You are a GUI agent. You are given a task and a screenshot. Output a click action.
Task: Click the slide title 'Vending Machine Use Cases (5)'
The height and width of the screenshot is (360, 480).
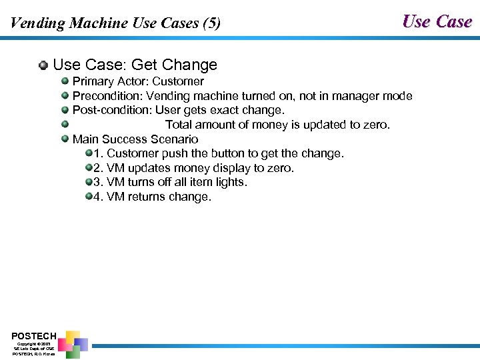(115, 23)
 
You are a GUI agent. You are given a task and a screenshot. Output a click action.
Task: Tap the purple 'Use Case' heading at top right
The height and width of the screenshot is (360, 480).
(437, 21)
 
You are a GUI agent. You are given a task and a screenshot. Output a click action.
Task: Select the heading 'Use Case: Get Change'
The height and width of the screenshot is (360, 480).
(135, 65)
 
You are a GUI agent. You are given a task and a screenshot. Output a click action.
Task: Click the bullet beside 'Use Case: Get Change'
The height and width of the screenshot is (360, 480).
(43, 65)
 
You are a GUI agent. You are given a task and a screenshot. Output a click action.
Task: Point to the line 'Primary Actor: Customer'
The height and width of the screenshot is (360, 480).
(138, 81)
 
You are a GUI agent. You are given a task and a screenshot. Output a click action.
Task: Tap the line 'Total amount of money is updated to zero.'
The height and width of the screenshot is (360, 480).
(277, 125)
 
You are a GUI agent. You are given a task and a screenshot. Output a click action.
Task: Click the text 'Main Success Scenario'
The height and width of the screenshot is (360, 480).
(135, 139)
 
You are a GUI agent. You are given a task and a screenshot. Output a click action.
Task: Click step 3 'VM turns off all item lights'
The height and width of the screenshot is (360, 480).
(170, 182)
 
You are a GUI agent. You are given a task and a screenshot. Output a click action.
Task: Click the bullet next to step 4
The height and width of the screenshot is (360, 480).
(88, 197)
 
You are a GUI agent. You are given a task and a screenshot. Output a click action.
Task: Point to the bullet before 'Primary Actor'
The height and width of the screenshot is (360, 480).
(65, 81)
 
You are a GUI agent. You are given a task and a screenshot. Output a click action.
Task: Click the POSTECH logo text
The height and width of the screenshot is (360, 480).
(33, 335)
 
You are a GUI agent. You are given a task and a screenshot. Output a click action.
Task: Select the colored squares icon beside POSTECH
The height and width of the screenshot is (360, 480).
(73, 343)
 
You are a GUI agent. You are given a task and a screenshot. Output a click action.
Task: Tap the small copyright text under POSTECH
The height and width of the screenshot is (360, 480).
(33, 349)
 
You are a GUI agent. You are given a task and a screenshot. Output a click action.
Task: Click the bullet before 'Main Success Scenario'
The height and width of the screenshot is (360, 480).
(65, 139)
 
